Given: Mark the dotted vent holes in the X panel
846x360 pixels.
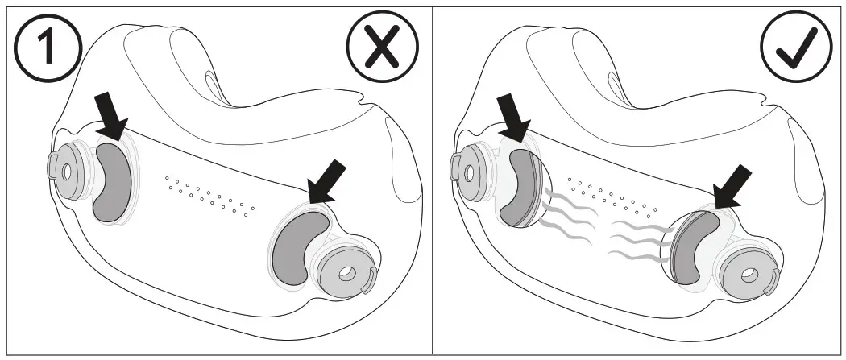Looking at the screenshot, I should [210, 195].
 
